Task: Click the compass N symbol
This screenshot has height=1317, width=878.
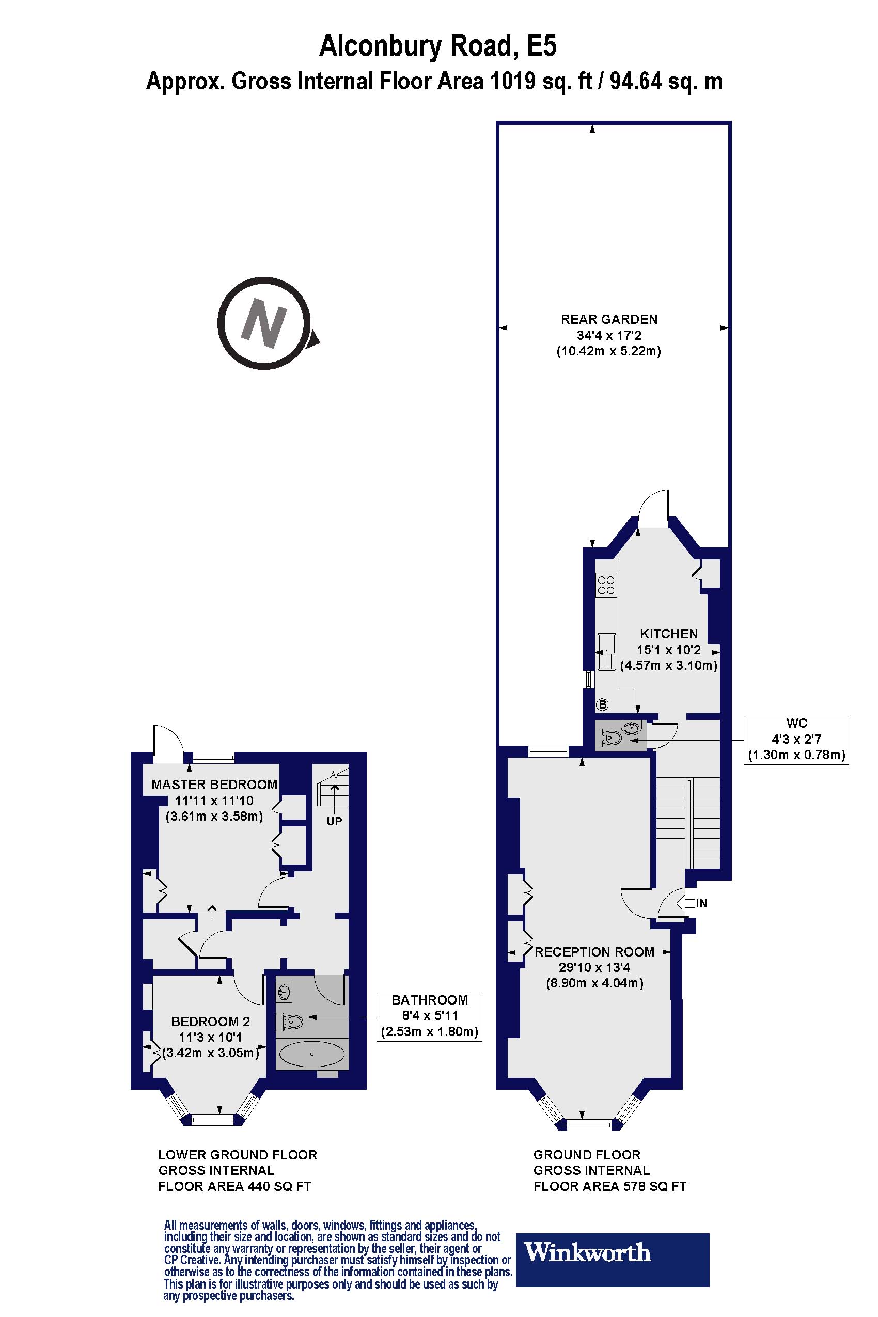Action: (264, 323)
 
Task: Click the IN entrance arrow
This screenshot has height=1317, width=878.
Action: (692, 903)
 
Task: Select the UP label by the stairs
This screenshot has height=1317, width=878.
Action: (334, 821)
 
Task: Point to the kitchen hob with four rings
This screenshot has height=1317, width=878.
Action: (606, 585)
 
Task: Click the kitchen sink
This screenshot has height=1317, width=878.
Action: (606, 651)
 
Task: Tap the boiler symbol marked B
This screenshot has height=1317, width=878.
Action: (603, 704)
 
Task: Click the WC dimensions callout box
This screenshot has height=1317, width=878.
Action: (796, 739)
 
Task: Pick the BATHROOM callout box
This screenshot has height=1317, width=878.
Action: (430, 1016)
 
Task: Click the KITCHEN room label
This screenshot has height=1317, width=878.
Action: (669, 634)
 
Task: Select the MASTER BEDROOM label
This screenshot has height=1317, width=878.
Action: (214, 785)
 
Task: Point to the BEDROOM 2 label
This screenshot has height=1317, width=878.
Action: (211, 1022)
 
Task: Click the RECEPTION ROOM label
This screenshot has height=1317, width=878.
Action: (594, 951)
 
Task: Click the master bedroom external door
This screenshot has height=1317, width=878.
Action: (167, 743)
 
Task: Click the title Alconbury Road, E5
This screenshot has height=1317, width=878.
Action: (438, 46)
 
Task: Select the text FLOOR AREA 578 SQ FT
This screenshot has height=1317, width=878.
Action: (609, 1186)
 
